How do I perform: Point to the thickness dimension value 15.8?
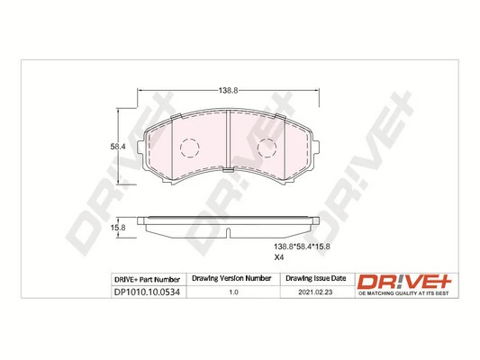[x=116, y=228]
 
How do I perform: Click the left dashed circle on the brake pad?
[x=188, y=148]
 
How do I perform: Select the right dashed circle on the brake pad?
[x=267, y=148]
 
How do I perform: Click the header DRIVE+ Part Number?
[x=149, y=280]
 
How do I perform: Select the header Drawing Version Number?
[x=232, y=280]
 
